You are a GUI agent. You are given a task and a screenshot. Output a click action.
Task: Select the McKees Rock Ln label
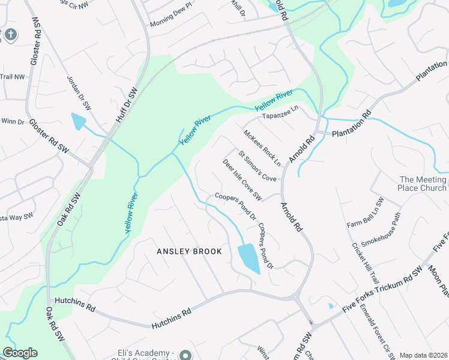click(x=262, y=147)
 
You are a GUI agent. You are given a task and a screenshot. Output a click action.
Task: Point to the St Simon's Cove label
click(x=258, y=166)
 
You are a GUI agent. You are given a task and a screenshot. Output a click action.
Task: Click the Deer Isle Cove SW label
click(x=243, y=179)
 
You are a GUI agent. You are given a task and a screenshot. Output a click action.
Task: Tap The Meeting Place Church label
click(x=423, y=184)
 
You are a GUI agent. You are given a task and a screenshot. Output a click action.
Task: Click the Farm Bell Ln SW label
click(x=364, y=213)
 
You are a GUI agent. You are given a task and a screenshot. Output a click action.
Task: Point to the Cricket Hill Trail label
click(x=366, y=265)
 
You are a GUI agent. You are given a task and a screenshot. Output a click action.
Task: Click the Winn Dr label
click(x=12, y=122)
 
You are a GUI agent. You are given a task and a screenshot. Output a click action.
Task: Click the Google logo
click(x=20, y=353)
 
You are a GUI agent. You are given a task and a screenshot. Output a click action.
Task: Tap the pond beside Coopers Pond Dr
click(x=249, y=257)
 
